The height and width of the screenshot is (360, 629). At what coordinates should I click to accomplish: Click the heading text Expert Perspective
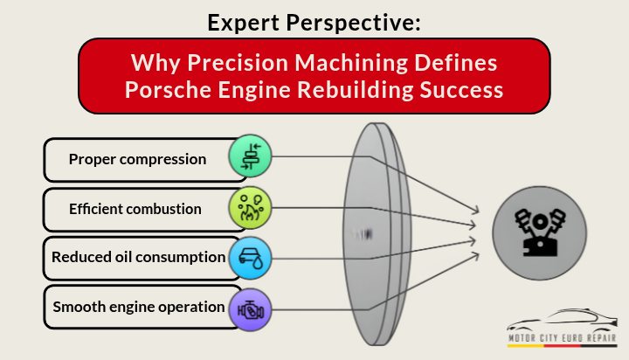(314, 22)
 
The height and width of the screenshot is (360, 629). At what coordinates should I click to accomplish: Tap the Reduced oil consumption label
(137, 258)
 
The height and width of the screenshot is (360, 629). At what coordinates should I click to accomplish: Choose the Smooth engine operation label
(137, 307)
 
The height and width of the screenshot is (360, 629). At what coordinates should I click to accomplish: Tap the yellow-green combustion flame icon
(250, 208)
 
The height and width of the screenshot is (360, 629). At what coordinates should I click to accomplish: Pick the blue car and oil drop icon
(250, 257)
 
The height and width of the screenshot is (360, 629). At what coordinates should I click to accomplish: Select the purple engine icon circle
(250, 307)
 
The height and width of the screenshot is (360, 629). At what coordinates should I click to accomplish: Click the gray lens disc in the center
(377, 233)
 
